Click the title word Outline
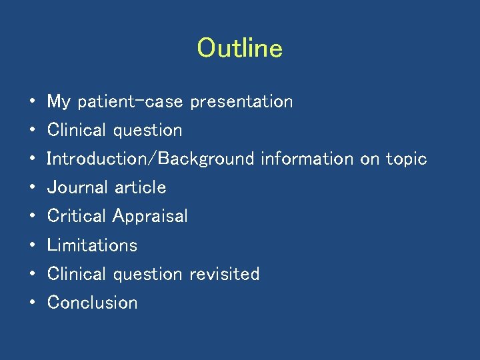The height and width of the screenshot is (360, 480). (240, 49)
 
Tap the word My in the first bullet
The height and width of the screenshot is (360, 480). (59, 102)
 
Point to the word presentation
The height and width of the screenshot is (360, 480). (241, 102)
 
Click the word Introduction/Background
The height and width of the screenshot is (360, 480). (151, 159)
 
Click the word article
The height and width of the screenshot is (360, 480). (140, 188)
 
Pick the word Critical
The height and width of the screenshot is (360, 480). (77, 217)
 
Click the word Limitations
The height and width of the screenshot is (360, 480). (92, 245)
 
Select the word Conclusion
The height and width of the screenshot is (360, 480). (93, 303)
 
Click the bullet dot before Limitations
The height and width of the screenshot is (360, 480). (33, 245)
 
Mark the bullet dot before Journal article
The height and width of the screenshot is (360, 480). (33, 188)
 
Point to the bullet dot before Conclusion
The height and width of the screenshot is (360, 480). (33, 303)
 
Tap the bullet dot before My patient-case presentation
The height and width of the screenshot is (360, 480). (33, 102)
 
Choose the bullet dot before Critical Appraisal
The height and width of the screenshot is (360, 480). (33, 217)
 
